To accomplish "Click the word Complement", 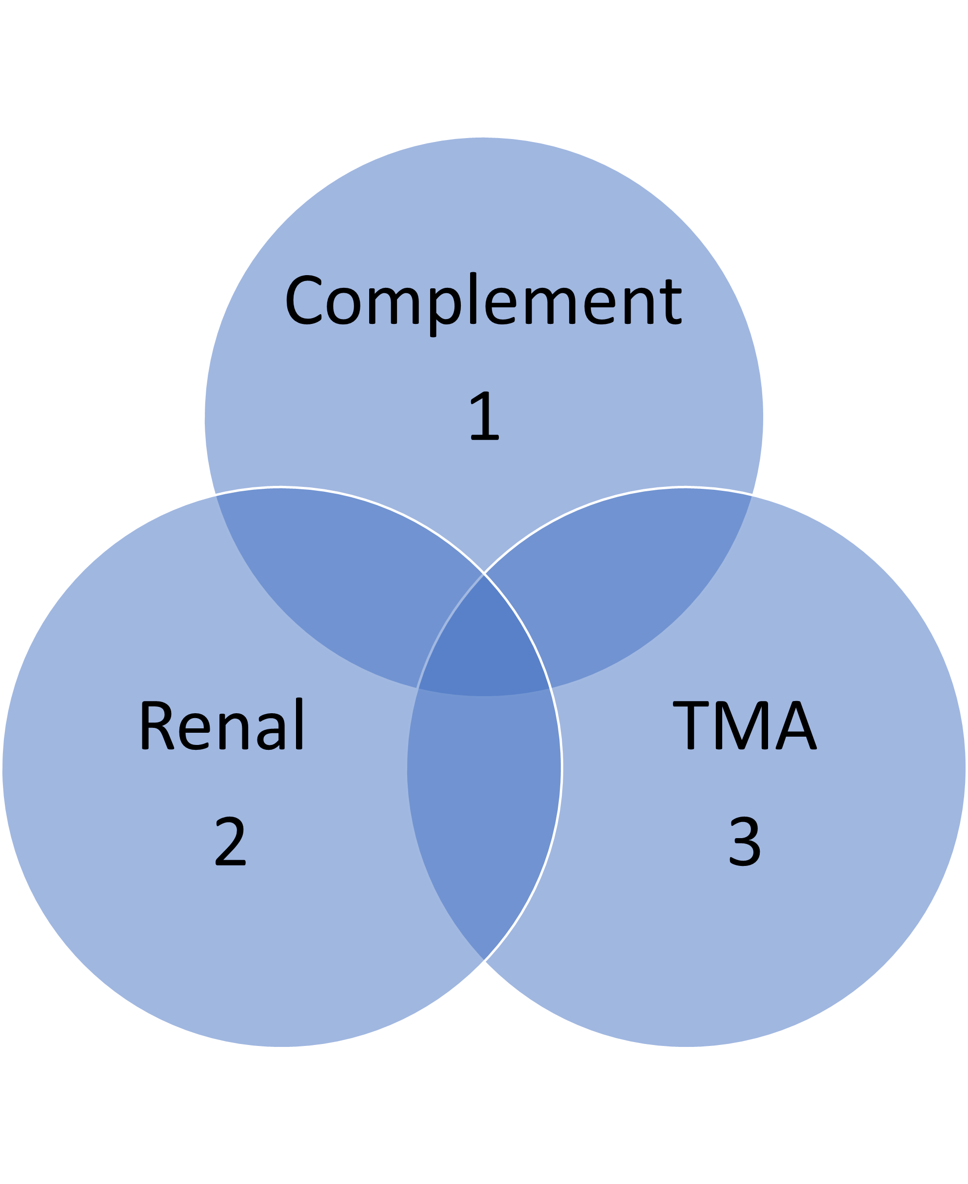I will (x=483, y=301).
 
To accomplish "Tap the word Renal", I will (x=221, y=725).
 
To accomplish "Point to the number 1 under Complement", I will (x=484, y=416).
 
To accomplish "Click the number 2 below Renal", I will (x=230, y=841).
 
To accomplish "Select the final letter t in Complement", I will (x=672, y=301).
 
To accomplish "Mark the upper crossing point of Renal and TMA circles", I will (x=484, y=573).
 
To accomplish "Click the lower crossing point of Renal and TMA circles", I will (x=484, y=962).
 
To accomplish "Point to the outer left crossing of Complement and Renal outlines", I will (x=214, y=495).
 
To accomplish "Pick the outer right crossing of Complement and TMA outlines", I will (x=753, y=495).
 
